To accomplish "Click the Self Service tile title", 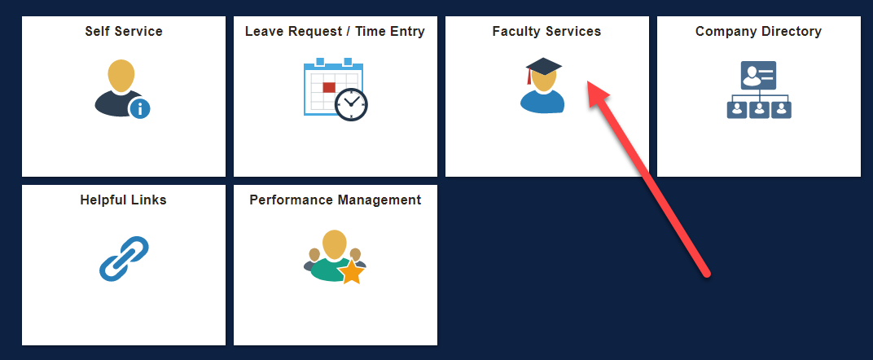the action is pos(124,31).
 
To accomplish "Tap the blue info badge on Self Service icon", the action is pos(140,108).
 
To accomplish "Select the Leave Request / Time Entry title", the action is pos(335,31).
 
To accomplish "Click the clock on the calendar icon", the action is pos(351,104).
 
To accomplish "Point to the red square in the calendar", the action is pos(329,87).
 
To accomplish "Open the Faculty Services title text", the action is pos(546,31).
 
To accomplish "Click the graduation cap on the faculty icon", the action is pos(543,68).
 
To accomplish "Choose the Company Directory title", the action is pos(758,31).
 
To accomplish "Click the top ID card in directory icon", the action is pos(758,75).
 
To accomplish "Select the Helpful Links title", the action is pos(123,200).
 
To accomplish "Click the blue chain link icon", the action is pos(124,259).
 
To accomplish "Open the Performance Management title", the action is pos(336,200).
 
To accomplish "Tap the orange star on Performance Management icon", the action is pos(351,273).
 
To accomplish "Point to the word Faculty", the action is pos(512,32).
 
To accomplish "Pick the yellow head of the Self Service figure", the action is pos(121,76).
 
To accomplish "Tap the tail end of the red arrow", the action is pos(707,273).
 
